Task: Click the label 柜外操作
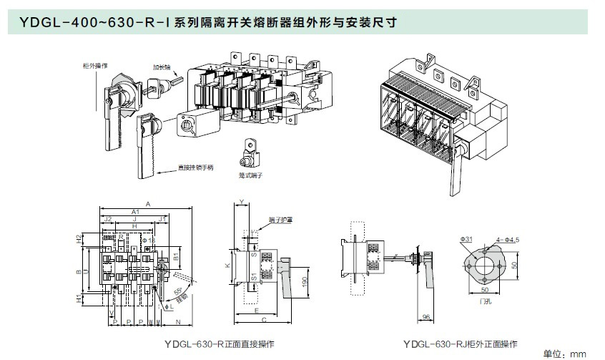[x=95, y=65]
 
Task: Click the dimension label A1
[x=136, y=212]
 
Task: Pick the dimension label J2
[x=108, y=219]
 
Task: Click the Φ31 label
[x=466, y=238]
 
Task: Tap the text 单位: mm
[x=565, y=354]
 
